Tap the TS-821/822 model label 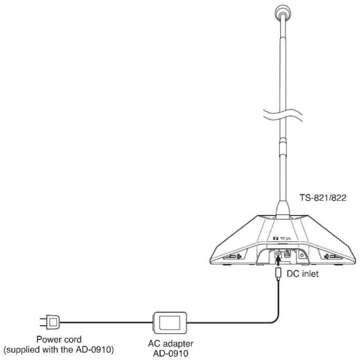point(323,197)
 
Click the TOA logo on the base point(282,239)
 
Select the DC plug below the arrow point(278,273)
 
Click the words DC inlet point(303,274)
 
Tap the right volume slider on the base point(333,257)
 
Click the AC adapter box point(170,323)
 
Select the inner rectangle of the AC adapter point(170,322)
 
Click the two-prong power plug point(50,322)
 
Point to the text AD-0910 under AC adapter point(171,353)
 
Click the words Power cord point(59,339)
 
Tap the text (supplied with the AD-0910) point(59,350)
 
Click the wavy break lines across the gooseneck point(283,115)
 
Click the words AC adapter point(171,344)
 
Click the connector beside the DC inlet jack point(287,254)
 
